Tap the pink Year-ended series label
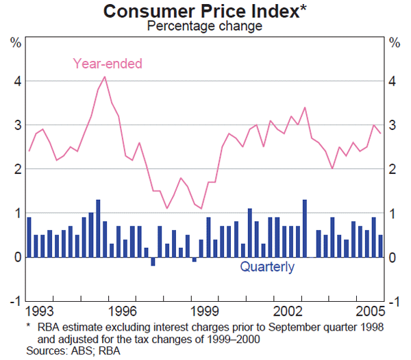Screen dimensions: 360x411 108,64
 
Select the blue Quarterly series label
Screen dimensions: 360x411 267,267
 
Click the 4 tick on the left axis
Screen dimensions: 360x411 16,81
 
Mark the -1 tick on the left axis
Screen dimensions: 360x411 15,301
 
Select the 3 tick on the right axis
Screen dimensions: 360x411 393,125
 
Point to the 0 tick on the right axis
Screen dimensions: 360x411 393,257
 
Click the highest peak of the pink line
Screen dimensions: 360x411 105,76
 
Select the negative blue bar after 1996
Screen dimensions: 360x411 153,261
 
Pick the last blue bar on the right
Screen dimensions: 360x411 380,246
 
